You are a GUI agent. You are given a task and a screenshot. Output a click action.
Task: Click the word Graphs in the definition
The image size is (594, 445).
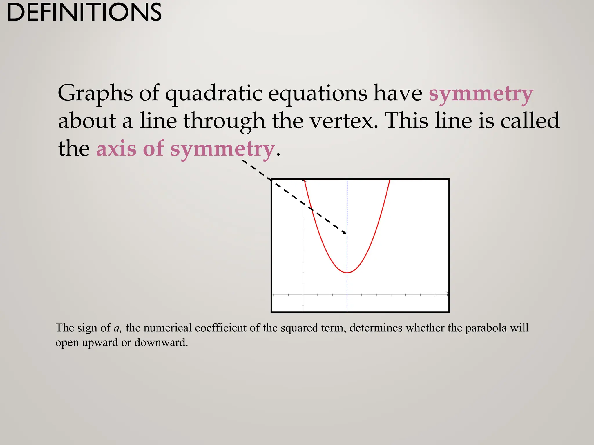pos(95,93)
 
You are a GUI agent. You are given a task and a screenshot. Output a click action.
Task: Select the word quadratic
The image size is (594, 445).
pos(213,93)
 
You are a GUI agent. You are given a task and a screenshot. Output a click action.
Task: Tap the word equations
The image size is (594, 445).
pos(317,93)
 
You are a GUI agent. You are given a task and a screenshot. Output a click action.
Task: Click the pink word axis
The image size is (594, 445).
pos(116,148)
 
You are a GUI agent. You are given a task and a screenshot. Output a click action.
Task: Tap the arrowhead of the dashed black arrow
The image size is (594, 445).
pos(345,233)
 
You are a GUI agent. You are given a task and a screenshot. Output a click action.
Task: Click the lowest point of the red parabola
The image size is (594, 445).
pos(347,273)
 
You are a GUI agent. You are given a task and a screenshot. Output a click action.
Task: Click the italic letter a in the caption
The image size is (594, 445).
pos(117,328)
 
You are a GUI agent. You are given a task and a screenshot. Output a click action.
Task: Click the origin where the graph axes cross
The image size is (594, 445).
pos(303,295)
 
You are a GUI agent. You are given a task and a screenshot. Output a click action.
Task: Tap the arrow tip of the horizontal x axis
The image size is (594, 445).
pos(448,295)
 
